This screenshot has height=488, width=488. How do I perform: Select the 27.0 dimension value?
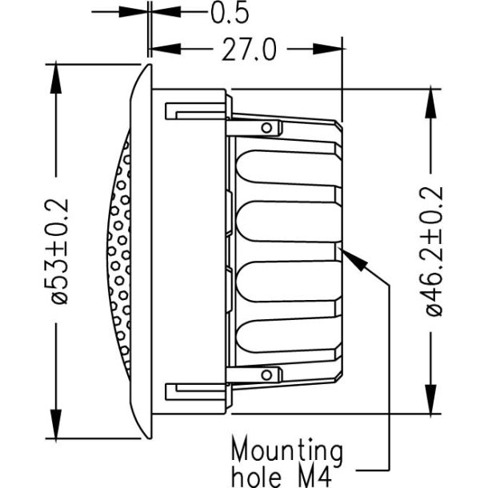[x=247, y=50]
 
